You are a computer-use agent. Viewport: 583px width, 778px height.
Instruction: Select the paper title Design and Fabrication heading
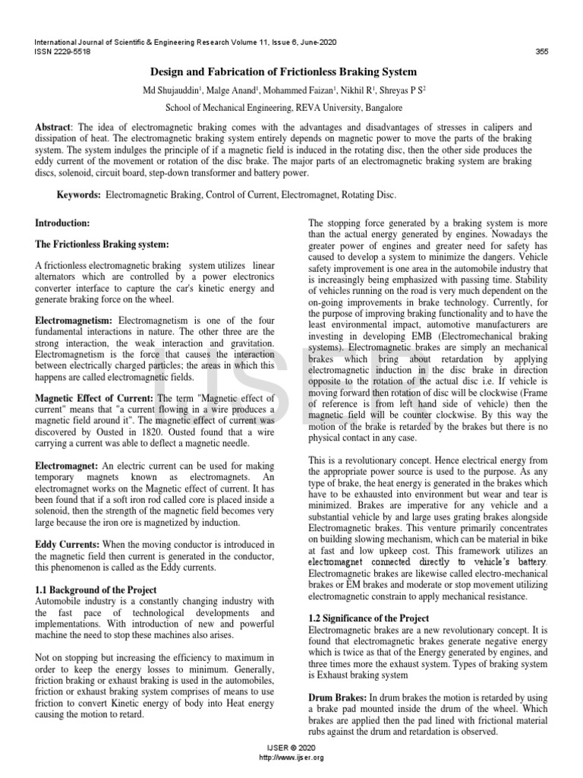291,72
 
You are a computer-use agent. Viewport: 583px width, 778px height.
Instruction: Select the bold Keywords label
80,195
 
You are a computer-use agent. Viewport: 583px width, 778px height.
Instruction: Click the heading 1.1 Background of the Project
96,590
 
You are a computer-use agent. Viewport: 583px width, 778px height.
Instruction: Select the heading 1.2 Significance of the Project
368,618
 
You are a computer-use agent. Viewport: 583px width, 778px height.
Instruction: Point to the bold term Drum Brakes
336,697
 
